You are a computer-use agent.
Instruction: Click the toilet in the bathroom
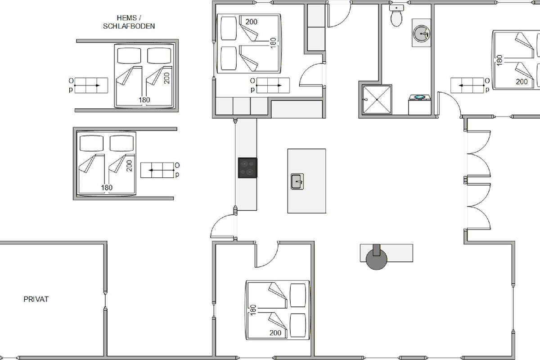396,15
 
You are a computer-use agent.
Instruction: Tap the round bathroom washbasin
421,33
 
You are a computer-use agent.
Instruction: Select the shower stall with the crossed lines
377,99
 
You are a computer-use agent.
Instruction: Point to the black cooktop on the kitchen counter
247,168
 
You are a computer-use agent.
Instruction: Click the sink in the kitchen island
297,181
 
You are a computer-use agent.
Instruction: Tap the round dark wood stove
376,259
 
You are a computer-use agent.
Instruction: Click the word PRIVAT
36,299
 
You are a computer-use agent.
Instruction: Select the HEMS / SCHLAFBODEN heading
129,22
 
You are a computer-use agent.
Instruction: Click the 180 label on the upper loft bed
144,100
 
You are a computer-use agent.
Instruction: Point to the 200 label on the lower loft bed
130,166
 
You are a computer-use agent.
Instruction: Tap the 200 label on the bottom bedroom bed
275,333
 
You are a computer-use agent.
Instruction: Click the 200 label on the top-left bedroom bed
252,22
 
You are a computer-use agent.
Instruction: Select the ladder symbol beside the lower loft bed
157,170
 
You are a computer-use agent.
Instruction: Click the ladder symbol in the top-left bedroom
273,85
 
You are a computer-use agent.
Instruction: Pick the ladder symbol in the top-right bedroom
467,85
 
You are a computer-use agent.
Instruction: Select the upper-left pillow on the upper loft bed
129,56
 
